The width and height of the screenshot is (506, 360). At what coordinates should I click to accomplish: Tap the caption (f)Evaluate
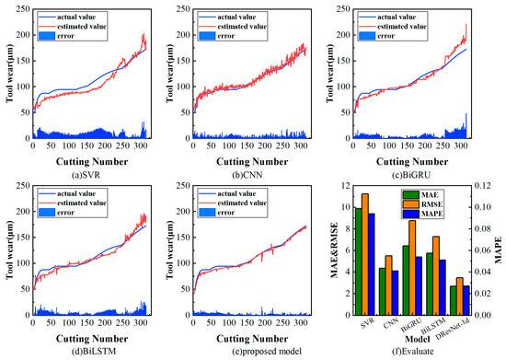click(420, 352)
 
